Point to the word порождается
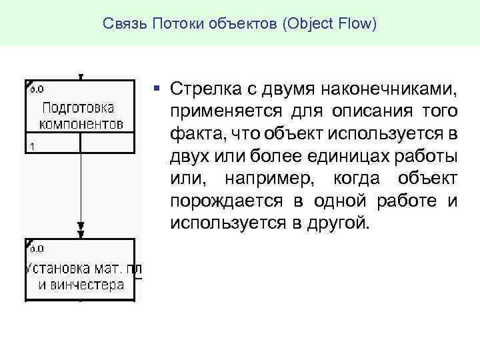[223, 199]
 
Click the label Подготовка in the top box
[78, 107]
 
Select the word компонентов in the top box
[81, 123]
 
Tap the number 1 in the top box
[31, 145]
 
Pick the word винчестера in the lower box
[81, 285]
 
